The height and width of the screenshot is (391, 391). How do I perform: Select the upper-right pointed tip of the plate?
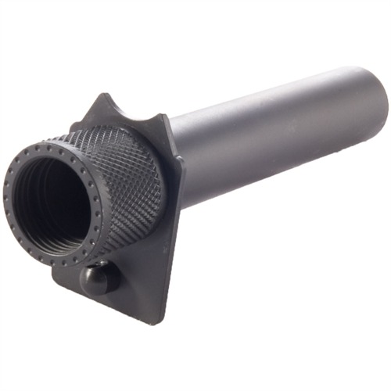click(166, 116)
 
